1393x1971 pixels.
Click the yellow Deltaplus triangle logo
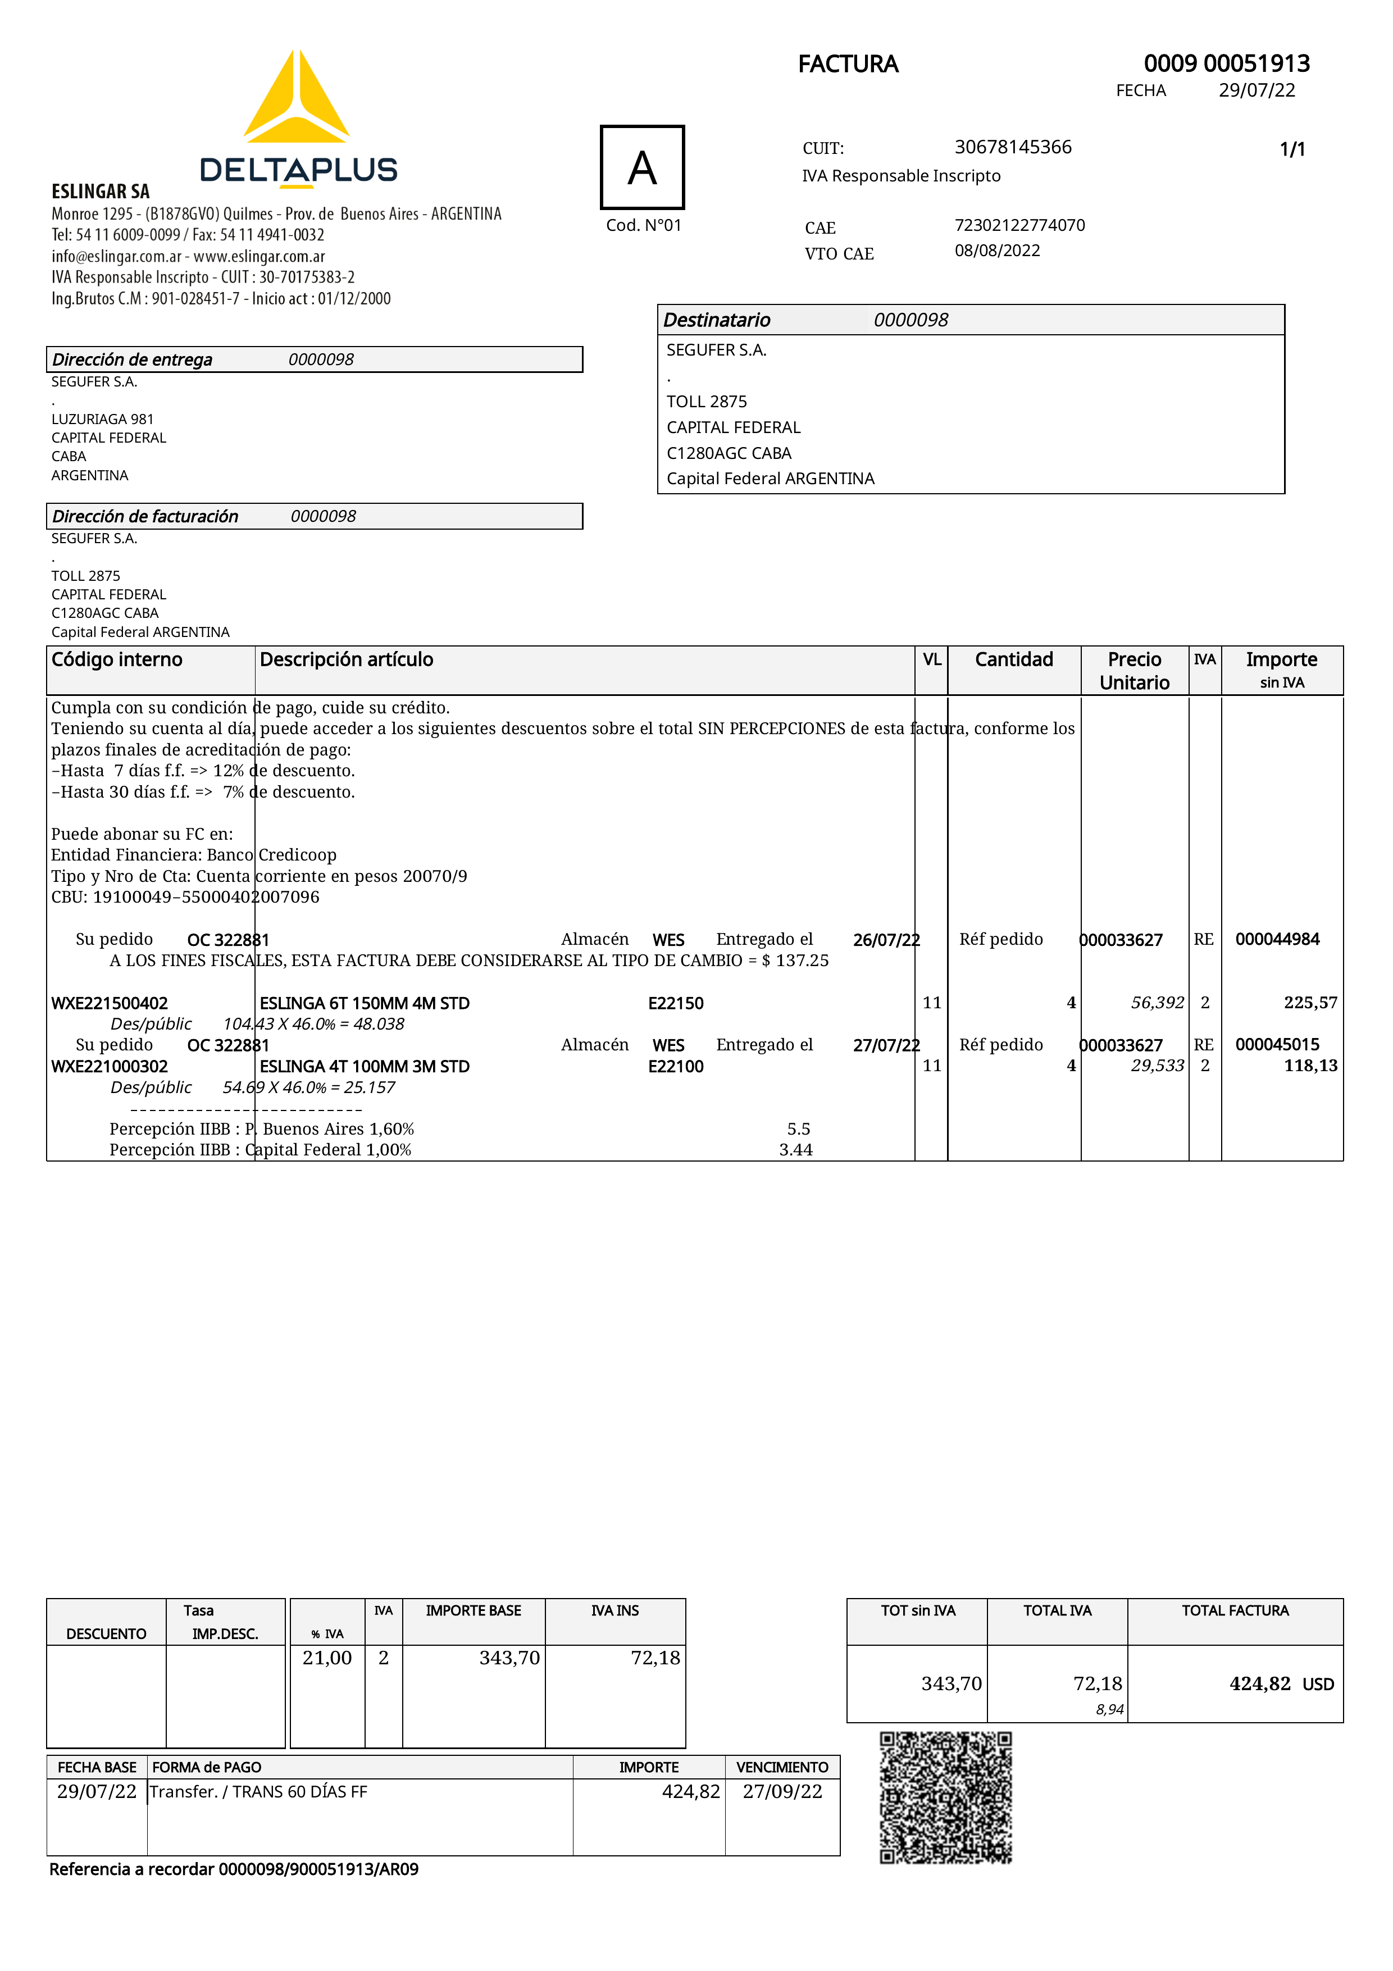click(x=296, y=99)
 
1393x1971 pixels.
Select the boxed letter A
click(x=642, y=167)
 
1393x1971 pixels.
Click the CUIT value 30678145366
click(x=1013, y=147)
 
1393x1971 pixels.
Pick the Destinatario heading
click(x=717, y=320)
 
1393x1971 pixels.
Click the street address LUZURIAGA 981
click(x=102, y=419)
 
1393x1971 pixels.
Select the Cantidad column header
click(x=1014, y=659)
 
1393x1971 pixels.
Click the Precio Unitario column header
click(x=1134, y=671)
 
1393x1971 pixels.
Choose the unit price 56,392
click(x=1157, y=1003)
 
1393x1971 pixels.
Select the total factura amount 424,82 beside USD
click(x=1259, y=1683)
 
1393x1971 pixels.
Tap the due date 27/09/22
click(x=782, y=1792)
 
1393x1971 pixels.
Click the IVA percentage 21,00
click(x=327, y=1658)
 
